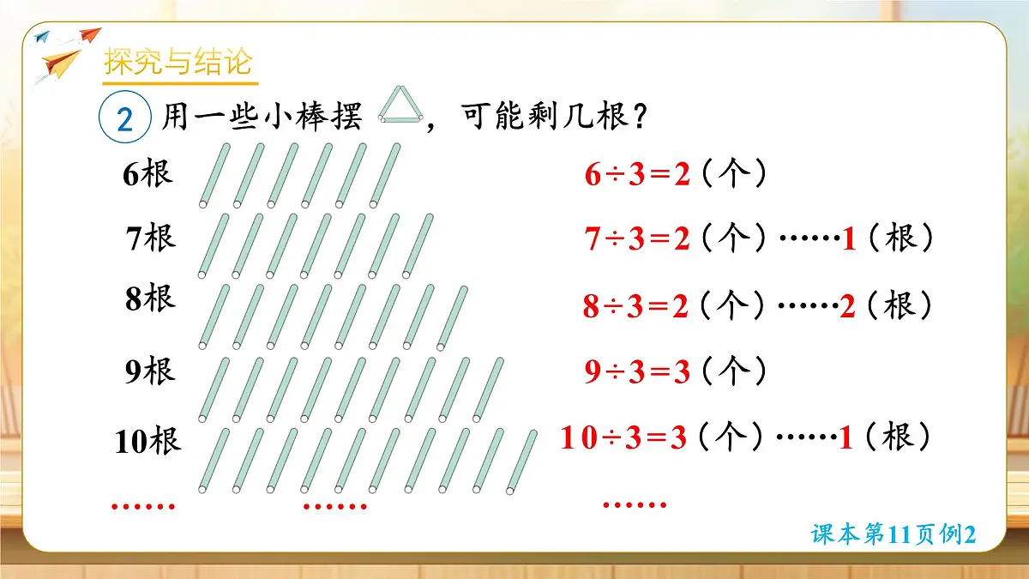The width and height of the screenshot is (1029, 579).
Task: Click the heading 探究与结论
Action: coord(178,63)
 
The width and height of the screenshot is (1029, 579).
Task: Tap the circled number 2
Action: coord(125,119)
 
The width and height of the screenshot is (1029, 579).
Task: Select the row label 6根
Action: coord(147,173)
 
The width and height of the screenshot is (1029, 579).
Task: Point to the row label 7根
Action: coord(150,238)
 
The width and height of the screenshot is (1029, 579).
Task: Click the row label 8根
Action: coord(150,299)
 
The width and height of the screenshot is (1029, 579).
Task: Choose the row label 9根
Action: coord(150,371)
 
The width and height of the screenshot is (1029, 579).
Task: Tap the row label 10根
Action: coord(147,442)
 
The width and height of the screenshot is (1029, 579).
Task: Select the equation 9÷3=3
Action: coord(637,372)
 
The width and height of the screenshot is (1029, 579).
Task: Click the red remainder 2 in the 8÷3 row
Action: coord(847,306)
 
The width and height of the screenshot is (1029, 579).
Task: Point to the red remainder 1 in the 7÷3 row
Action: coord(849,239)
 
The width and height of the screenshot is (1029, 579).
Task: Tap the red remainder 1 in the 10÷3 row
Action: coord(845,438)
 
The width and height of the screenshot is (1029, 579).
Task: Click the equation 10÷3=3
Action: coord(624,438)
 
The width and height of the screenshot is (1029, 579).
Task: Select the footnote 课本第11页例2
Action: coord(894,534)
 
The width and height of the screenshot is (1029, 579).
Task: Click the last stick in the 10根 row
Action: coord(521,462)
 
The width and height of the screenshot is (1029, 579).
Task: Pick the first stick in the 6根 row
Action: coord(214,176)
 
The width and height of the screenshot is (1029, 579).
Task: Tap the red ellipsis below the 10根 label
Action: coord(143,506)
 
